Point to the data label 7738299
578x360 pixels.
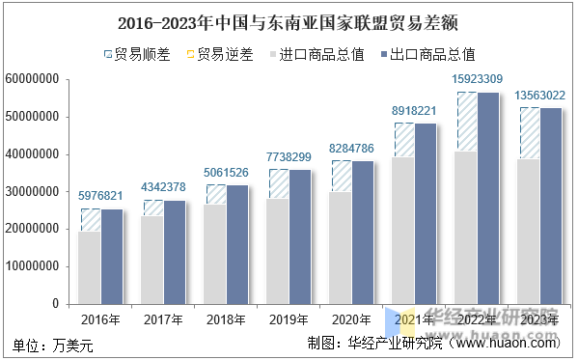[289, 155]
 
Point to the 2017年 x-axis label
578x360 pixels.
[163, 319]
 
